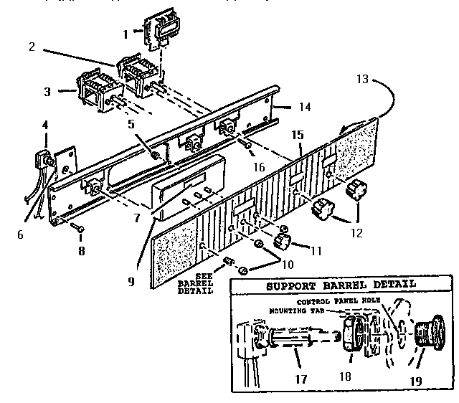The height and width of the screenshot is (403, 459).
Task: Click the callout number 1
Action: (125, 33)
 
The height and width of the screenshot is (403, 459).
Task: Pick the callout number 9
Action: (131, 282)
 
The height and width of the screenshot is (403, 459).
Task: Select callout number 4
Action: (44, 125)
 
